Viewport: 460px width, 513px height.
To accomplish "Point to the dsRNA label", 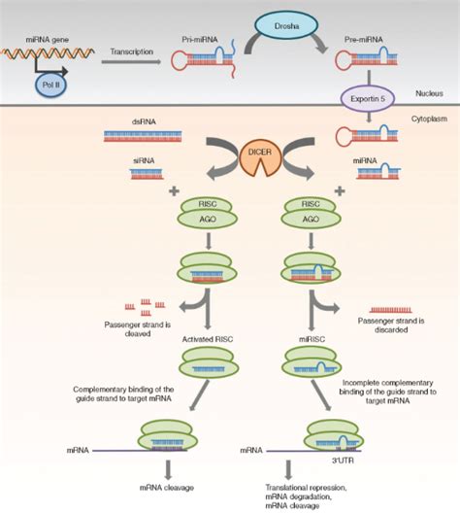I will [141, 122].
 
